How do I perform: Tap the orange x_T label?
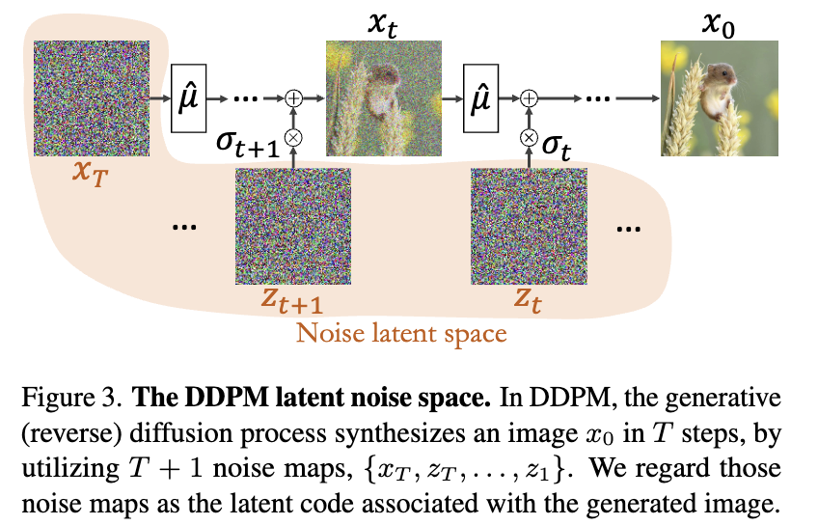coord(89,174)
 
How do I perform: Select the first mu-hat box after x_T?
coord(188,99)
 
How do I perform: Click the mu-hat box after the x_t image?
coord(479,99)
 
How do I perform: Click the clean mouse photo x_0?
coord(720,97)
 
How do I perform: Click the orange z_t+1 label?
coord(293,300)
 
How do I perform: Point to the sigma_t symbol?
coord(557,148)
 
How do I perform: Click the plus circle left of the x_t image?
coord(294,99)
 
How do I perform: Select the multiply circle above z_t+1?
coord(294,137)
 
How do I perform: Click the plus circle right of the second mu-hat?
coord(529,99)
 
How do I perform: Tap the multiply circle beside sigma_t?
coord(529,137)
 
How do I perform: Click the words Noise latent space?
coord(401,334)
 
